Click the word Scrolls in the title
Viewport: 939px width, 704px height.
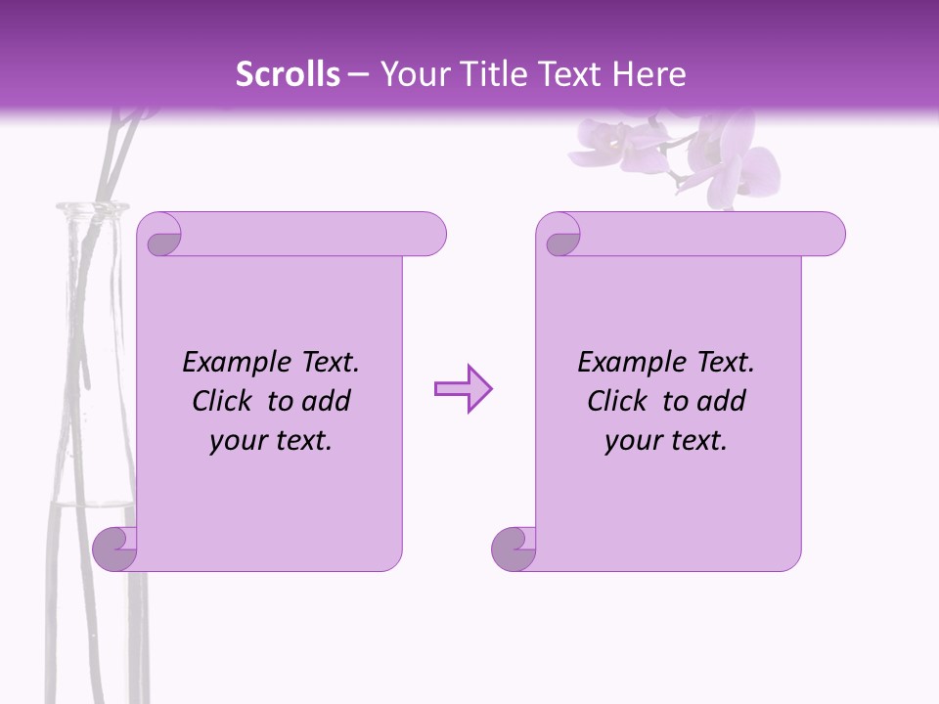[288, 74]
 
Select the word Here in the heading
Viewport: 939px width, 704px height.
[648, 74]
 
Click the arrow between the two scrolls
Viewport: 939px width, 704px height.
[463, 389]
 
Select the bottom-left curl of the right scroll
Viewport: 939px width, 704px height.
[513, 549]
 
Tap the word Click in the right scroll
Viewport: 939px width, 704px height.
[616, 401]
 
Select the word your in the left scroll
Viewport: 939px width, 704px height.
[238, 441]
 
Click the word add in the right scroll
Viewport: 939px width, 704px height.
[720, 401]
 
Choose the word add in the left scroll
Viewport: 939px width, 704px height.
[325, 401]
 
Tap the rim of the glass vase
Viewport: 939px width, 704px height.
[93, 206]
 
